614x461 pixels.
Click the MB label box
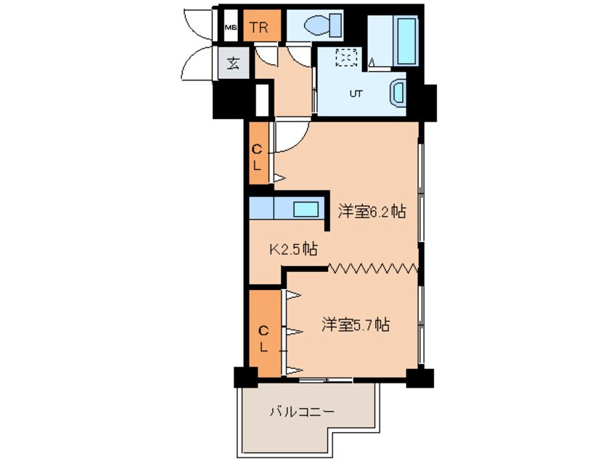coord(230,28)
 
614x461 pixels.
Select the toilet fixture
coord(320,27)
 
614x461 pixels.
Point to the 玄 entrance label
coord(232,63)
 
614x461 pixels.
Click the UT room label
coord(356,94)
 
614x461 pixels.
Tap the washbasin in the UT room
coord(400,93)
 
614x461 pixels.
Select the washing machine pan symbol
coord(348,57)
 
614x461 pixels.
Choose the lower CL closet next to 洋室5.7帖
coord(264,338)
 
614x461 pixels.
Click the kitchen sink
coord(306,209)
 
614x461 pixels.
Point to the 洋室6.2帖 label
coord(372,212)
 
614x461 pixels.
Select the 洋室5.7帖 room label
coord(356,325)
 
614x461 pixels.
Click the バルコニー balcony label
coord(302,412)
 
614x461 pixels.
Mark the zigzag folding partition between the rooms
coord(374,269)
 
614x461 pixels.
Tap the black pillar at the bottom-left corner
coord(245,377)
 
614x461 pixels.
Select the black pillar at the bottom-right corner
coord(419,377)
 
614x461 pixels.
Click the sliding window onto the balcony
coord(325,378)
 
